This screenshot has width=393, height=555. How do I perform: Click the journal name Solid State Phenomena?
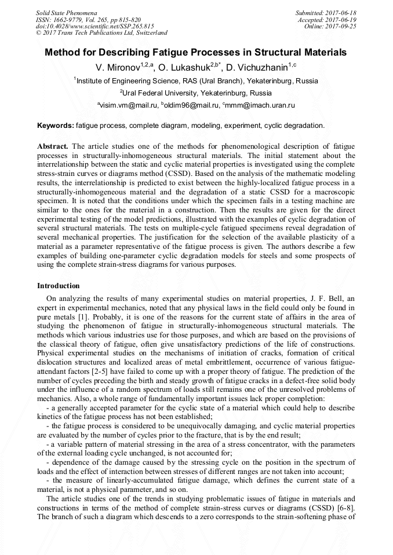click(66, 12)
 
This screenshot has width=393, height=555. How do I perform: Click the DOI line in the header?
click(94, 26)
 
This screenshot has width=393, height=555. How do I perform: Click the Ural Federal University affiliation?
click(196, 93)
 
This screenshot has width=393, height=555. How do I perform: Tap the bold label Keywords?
click(56, 126)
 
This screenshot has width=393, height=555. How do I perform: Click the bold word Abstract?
click(53, 146)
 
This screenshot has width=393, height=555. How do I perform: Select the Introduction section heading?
click(59, 286)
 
